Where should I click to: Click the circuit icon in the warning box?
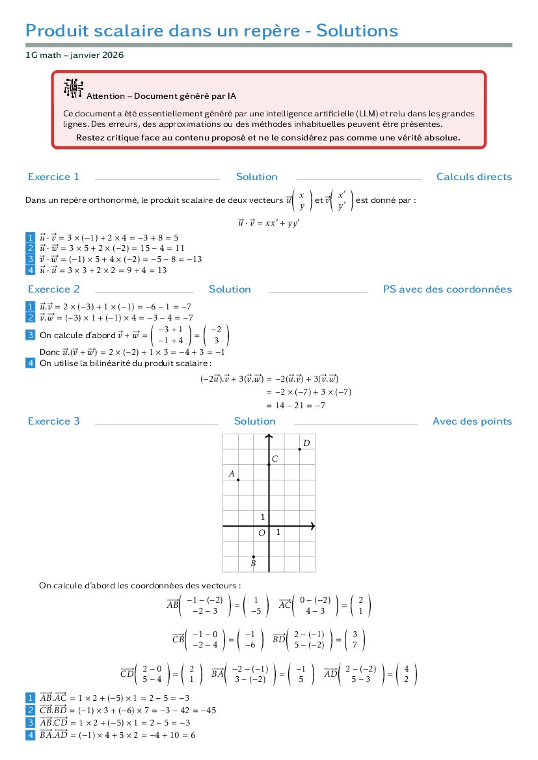coord(73,88)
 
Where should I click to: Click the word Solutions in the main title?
coord(357,31)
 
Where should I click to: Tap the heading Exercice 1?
coord(53,177)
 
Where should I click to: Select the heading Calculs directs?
coord(474,177)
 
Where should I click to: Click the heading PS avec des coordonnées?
coord(448,289)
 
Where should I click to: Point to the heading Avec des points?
coord(472,421)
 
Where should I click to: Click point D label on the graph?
coord(306,443)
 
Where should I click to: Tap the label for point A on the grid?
coord(232,473)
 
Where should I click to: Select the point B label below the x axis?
coord(253,564)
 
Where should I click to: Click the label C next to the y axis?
coord(275,458)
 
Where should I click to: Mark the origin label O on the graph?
coord(262,532)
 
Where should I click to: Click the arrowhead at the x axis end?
coord(312,526)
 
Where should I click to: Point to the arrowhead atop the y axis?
coord(269,437)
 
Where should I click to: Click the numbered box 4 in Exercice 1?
coord(30,270)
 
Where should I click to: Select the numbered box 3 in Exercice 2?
coord(30,335)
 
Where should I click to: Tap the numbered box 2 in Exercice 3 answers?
coord(30,710)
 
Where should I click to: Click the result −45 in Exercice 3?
coord(209,711)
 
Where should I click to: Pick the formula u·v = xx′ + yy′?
coord(269,223)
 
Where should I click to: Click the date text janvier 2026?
coord(97,55)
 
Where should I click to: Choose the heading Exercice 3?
coord(53,421)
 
